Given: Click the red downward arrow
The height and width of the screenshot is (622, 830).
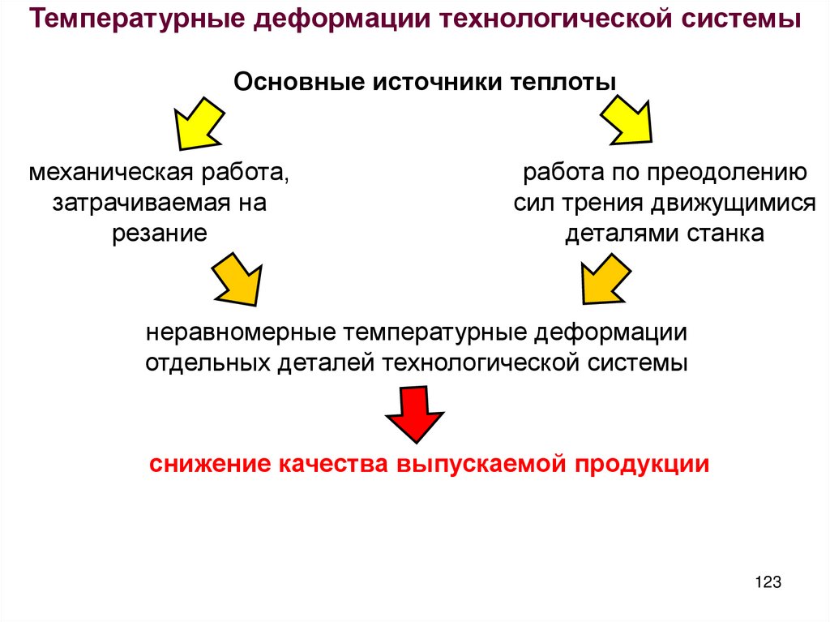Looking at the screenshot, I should tap(415, 413).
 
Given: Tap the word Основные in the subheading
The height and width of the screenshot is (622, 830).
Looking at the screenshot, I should tap(297, 82).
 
